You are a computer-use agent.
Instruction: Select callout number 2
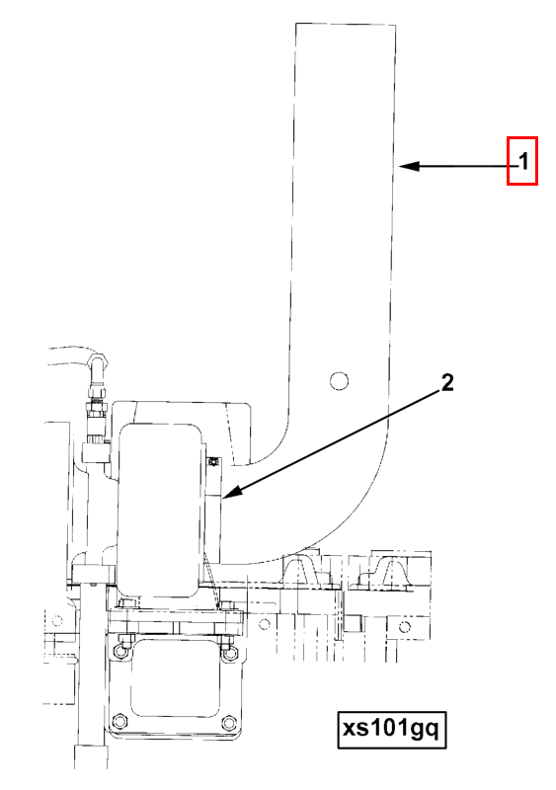click(447, 383)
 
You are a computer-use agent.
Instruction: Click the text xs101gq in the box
click(392, 729)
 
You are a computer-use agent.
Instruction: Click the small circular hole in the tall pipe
click(340, 381)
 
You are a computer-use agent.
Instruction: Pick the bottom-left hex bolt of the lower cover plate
click(119, 721)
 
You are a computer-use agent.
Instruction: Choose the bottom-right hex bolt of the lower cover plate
click(229, 723)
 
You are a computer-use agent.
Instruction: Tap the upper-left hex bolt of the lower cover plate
click(119, 650)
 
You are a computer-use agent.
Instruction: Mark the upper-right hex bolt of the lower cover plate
click(229, 652)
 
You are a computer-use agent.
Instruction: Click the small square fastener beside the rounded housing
click(214, 461)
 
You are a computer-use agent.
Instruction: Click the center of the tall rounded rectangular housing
click(159, 511)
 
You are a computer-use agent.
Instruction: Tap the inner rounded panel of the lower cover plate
click(175, 677)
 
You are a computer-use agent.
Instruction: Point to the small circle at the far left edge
click(57, 620)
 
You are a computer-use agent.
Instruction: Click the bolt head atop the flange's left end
click(124, 603)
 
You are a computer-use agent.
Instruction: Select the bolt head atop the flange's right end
click(228, 604)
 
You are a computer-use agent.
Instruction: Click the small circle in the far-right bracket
click(404, 627)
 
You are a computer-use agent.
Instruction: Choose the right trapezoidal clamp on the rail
click(391, 573)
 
